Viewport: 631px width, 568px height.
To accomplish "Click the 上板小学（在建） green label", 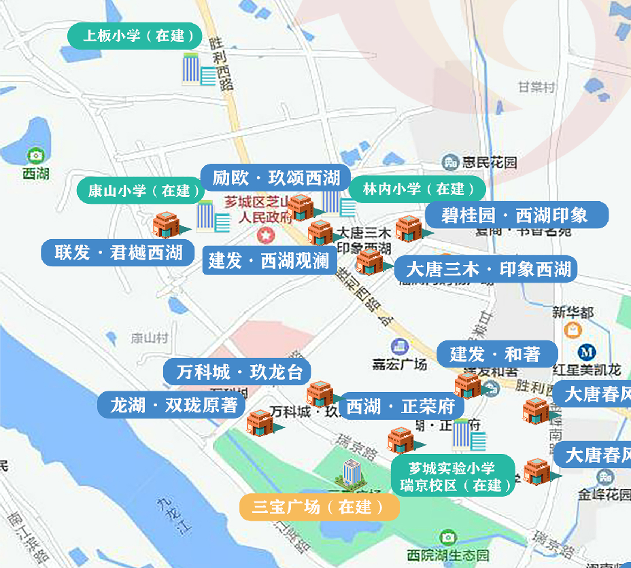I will tap(135, 36).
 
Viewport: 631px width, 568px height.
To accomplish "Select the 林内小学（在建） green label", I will tap(413, 189).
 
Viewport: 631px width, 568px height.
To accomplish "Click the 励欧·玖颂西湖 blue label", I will tap(275, 178).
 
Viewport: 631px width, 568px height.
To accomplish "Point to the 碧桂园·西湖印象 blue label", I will tap(514, 215).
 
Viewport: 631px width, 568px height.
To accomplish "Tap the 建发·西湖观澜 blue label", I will tap(269, 260).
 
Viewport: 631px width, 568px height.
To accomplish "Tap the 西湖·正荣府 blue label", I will tap(400, 406).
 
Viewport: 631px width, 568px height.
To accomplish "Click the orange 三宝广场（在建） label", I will tap(318, 507).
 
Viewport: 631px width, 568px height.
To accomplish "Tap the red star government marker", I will tap(264, 235).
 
